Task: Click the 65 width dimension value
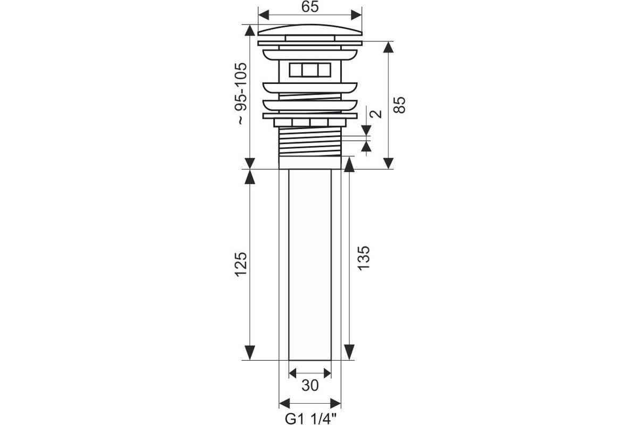tap(310, 7)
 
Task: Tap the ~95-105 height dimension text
tap(242, 93)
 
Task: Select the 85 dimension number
tap(399, 105)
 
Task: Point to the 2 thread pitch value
tap(376, 114)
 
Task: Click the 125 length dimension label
tap(241, 265)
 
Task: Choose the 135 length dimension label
tap(364, 258)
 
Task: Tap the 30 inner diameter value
tap(310, 386)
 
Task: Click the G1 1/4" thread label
tap(310, 419)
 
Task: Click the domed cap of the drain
tap(310, 30)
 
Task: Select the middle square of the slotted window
tap(310, 70)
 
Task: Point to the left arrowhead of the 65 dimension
tap(264, 15)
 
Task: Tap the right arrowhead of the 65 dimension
tap(357, 15)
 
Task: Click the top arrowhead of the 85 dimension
tap(388, 47)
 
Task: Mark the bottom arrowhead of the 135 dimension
tap(349, 352)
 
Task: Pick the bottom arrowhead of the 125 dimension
tap(250, 352)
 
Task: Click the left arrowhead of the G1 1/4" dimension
tap(284, 403)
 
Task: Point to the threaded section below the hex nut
tap(310, 142)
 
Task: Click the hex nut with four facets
tap(310, 122)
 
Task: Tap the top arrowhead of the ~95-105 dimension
tap(250, 30)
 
